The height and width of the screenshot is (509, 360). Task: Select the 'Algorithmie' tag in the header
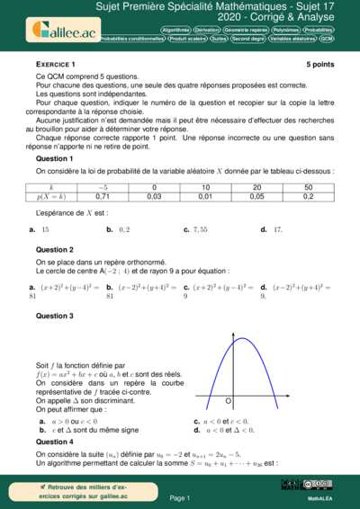[177, 30]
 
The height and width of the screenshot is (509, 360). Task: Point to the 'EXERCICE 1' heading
[56, 65]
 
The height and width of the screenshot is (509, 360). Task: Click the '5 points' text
[319, 65]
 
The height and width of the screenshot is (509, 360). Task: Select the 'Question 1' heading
[54, 158]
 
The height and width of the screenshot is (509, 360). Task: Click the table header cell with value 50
[309, 187]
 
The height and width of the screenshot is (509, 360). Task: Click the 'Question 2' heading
[54, 249]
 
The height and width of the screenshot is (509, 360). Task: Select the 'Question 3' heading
[54, 317]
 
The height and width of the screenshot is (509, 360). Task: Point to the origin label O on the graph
[228, 399]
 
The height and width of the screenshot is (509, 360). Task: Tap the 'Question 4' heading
[54, 442]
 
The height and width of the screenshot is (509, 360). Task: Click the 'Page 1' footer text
[180, 497]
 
